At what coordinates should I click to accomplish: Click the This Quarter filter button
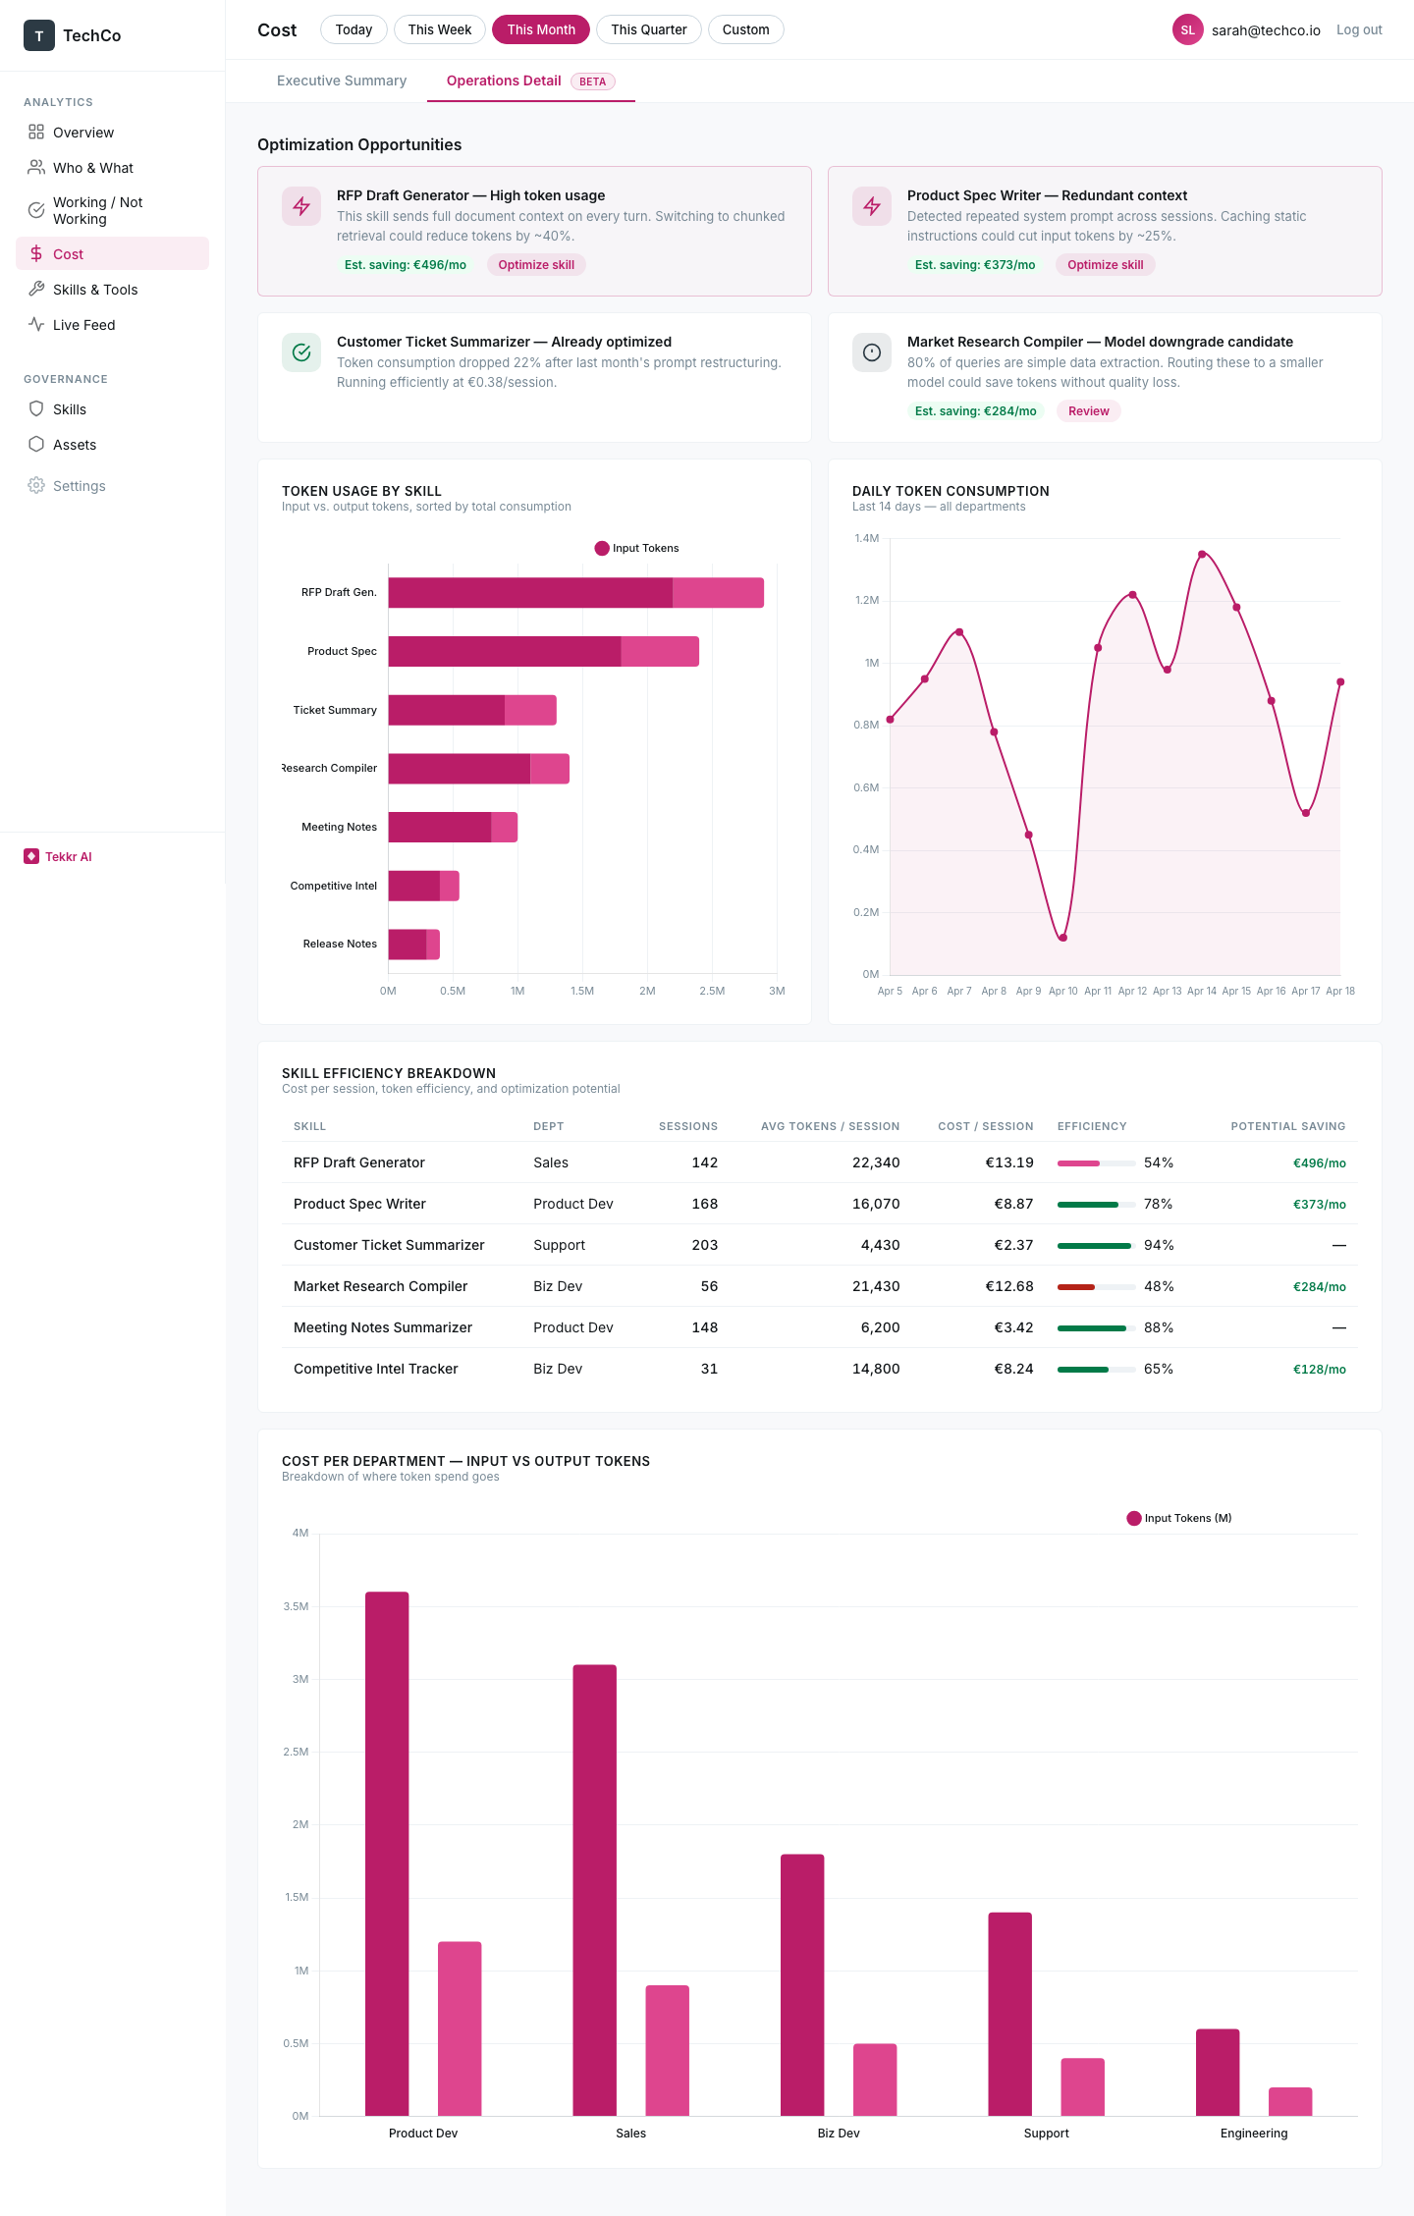click(x=648, y=29)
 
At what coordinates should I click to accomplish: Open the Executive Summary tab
click(x=342, y=81)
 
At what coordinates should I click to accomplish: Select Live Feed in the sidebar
click(x=83, y=325)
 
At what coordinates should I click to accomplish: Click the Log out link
click(x=1358, y=29)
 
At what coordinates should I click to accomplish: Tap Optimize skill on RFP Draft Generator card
click(x=535, y=265)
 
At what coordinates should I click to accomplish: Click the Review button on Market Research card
click(x=1088, y=411)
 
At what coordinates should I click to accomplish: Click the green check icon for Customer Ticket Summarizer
click(x=301, y=352)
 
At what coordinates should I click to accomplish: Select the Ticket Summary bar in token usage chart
click(x=471, y=710)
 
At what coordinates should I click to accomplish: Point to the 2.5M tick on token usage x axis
click(x=712, y=991)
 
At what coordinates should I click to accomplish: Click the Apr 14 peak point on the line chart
click(x=1202, y=555)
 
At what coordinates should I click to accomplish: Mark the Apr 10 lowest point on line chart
click(x=1062, y=938)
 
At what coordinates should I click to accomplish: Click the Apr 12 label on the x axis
click(x=1132, y=991)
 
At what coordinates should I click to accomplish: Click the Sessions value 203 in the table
click(x=704, y=1245)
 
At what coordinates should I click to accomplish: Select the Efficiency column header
click(x=1091, y=1126)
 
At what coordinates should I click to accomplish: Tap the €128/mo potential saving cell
click(x=1319, y=1369)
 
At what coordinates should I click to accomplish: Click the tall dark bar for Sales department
click(x=594, y=1890)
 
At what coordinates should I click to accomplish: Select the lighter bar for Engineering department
click(x=1289, y=2101)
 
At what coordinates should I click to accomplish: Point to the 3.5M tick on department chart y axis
click(x=296, y=1606)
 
